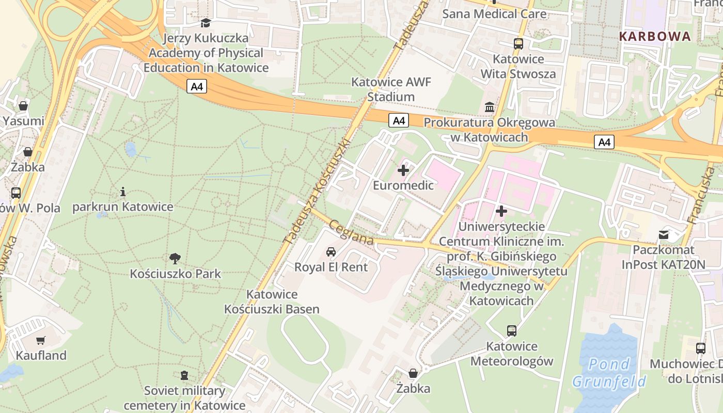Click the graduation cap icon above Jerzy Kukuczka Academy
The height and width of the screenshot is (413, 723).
click(x=206, y=23)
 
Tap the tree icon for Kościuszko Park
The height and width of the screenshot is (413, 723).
click(x=175, y=258)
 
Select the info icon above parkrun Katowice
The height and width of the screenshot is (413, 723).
click(x=122, y=192)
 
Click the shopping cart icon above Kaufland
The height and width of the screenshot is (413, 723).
click(x=41, y=340)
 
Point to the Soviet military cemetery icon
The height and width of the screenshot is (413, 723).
click(x=184, y=375)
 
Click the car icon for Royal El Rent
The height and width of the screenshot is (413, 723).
click(x=331, y=251)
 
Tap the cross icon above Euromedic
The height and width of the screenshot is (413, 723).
click(x=403, y=170)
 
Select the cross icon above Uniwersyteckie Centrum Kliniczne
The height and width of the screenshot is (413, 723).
click(x=501, y=211)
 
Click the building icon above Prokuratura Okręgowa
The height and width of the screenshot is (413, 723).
click(x=489, y=107)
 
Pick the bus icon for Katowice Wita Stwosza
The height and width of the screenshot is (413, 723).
click(x=518, y=44)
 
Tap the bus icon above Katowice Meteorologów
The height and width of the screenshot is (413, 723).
click(x=512, y=330)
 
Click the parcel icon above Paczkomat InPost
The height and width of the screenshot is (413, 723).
click(x=664, y=235)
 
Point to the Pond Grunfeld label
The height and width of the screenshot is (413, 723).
click(x=609, y=373)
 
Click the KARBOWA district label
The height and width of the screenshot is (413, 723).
click(x=654, y=36)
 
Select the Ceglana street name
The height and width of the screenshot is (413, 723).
click(x=351, y=233)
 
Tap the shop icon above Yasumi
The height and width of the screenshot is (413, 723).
click(x=23, y=106)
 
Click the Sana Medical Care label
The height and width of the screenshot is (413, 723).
click(x=494, y=14)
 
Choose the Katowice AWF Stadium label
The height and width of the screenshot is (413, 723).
click(x=391, y=89)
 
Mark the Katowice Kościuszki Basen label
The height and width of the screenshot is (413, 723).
click(x=272, y=301)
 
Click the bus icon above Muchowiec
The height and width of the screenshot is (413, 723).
click(x=700, y=348)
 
